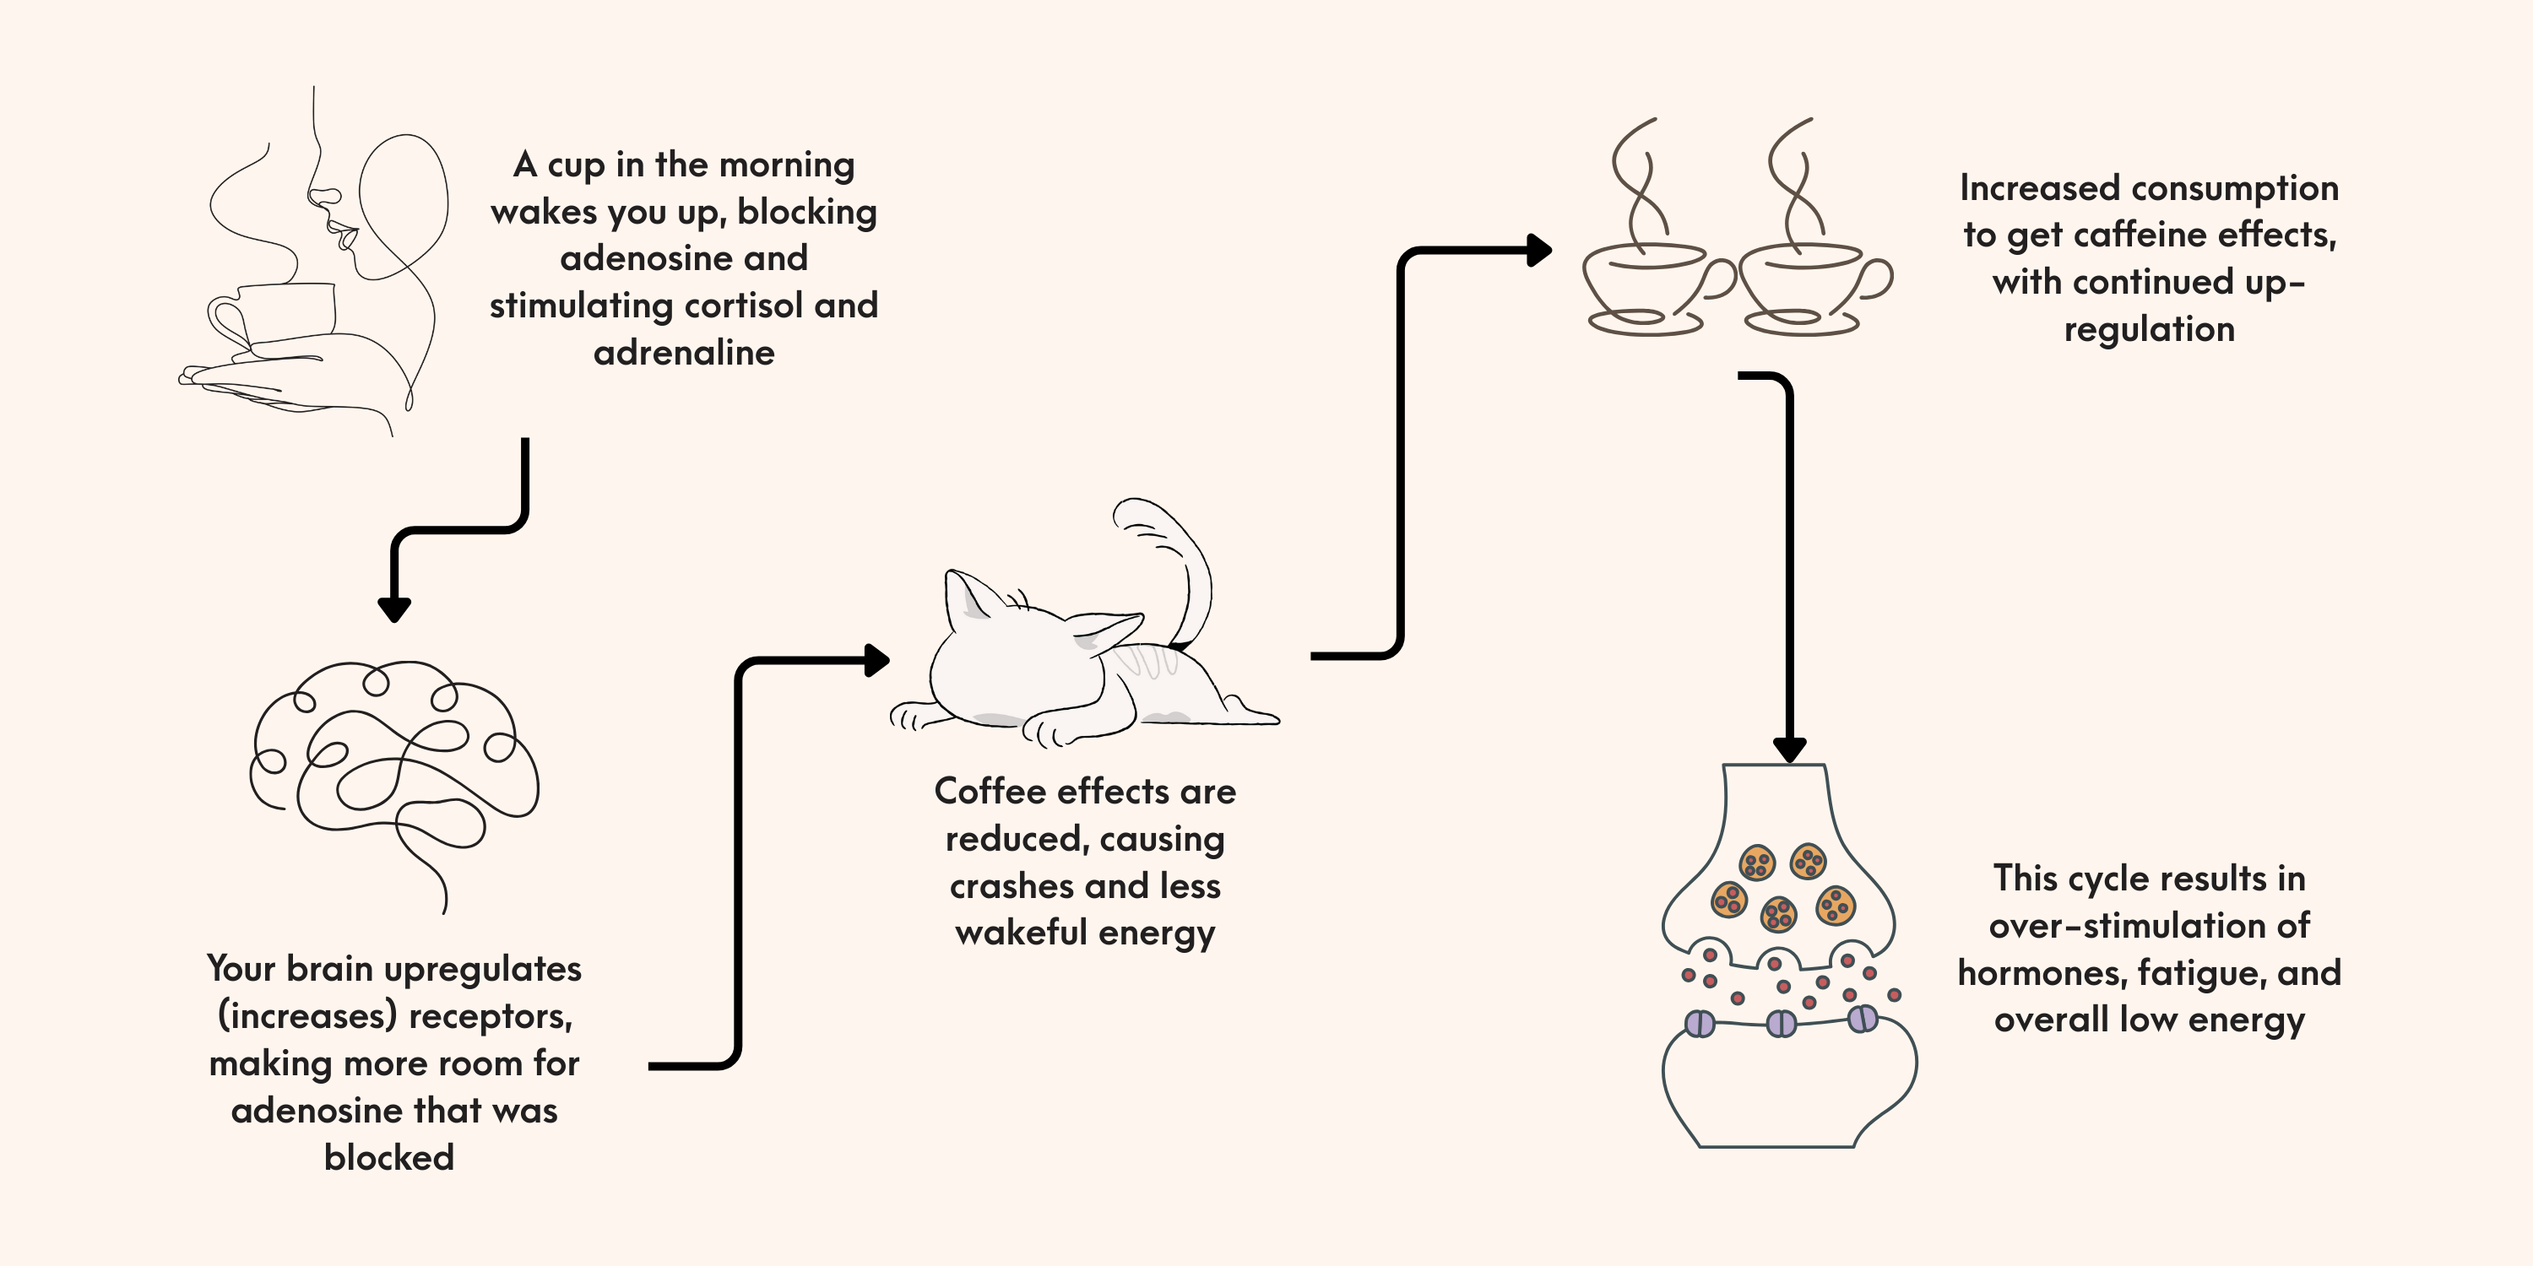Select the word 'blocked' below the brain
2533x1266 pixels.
(x=389, y=1157)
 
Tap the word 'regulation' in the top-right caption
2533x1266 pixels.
(x=2149, y=329)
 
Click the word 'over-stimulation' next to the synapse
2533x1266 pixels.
(x=2149, y=925)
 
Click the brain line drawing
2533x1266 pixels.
(x=393, y=766)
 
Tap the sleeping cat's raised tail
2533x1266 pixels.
(x=1180, y=560)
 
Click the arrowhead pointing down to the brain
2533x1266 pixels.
(x=394, y=609)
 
